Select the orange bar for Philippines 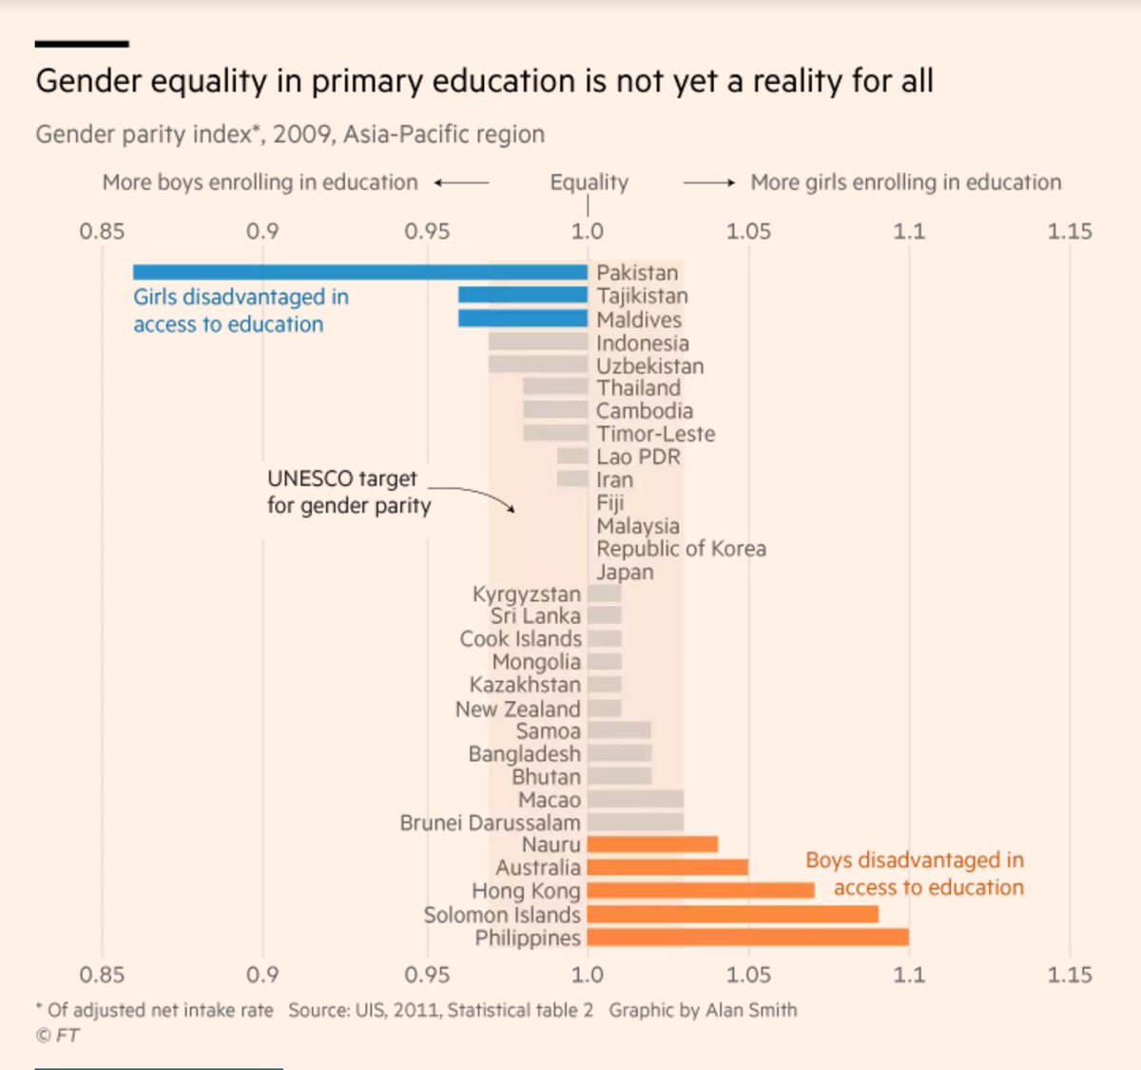pos(747,938)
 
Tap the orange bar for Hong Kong pos(701,891)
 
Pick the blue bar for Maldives pos(522,319)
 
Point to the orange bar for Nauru pos(652,845)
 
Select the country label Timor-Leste pos(655,434)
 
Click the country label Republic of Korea pos(681,549)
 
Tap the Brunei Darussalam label pos(490,823)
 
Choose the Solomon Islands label pos(502,915)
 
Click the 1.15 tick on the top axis pos(1070,231)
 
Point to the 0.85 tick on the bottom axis pos(102,975)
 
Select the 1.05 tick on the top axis pos(748,231)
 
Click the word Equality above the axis pos(589,183)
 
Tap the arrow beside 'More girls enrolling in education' pos(709,183)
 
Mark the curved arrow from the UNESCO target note pos(475,496)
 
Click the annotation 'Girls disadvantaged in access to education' pos(241,311)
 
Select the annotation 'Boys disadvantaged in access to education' pos(915,874)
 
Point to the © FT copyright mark pos(57,1036)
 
